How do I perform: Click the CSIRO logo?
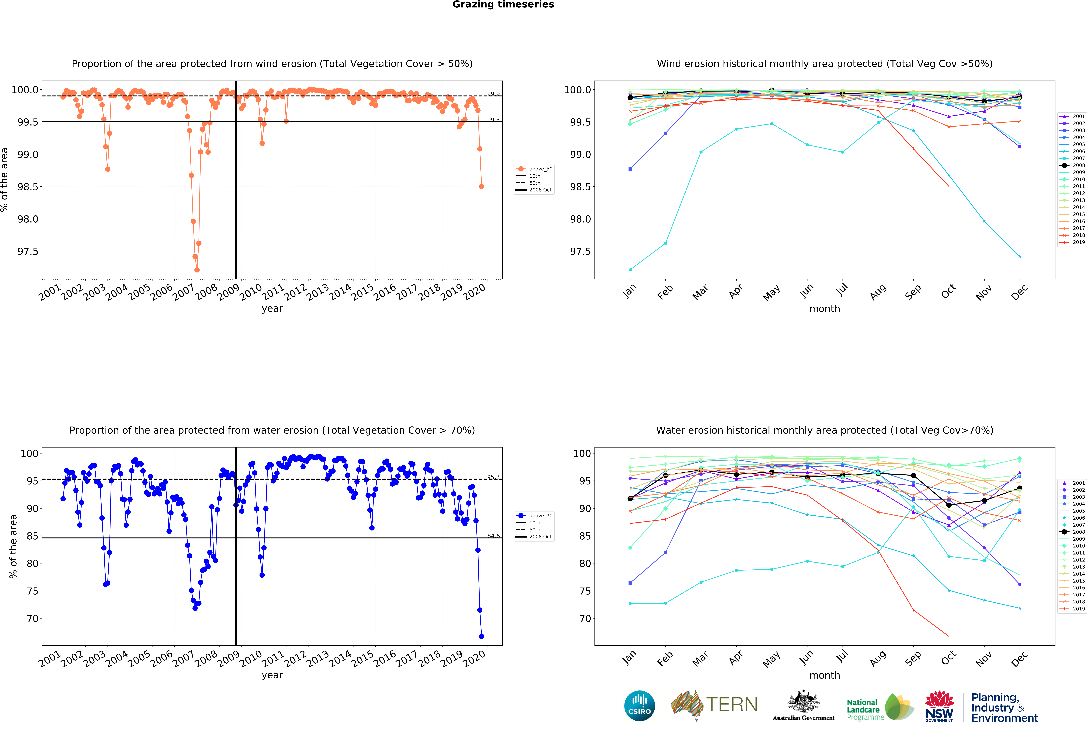pos(639,705)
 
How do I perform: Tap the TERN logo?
pos(714,705)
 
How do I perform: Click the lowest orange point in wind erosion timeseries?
pos(197,270)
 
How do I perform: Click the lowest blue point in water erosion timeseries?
pos(481,636)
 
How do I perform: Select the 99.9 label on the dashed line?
pos(493,94)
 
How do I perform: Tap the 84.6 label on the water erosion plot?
pos(493,536)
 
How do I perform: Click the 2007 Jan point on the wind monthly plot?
pos(630,270)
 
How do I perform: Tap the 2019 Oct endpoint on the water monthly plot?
pos(949,636)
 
